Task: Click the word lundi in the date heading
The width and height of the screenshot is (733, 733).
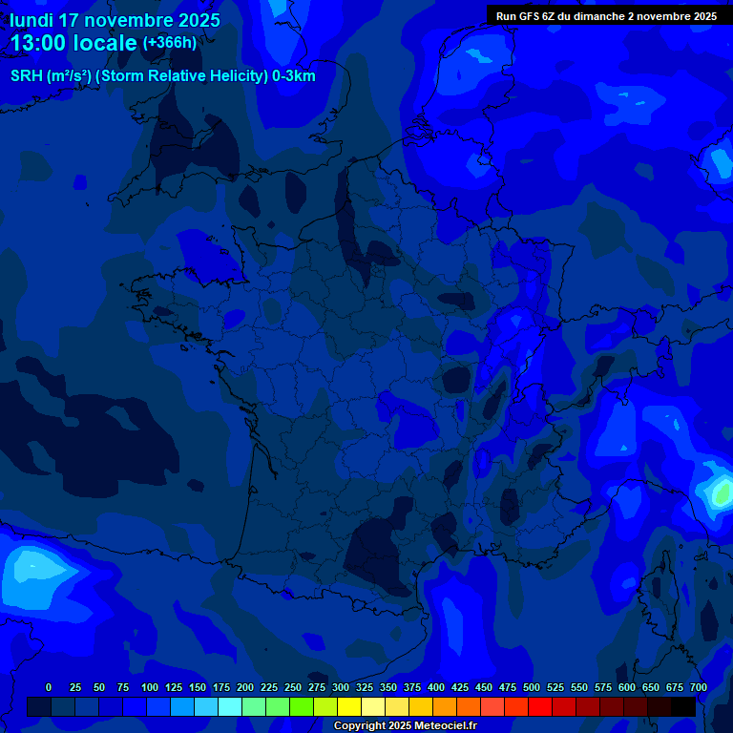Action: click(x=31, y=20)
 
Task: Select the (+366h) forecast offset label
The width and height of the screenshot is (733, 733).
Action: click(x=169, y=43)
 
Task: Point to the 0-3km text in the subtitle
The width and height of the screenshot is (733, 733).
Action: click(x=294, y=76)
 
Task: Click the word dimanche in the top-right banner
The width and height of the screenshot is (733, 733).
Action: click(x=597, y=16)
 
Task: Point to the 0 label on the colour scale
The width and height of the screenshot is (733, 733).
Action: click(x=49, y=687)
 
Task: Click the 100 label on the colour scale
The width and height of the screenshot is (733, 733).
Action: click(x=150, y=687)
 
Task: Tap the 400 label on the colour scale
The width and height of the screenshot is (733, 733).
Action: click(x=436, y=687)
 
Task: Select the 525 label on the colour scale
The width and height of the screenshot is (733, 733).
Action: click(x=555, y=687)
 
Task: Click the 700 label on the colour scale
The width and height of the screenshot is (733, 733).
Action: click(x=699, y=687)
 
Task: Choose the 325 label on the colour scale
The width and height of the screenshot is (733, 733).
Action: click(x=365, y=687)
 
